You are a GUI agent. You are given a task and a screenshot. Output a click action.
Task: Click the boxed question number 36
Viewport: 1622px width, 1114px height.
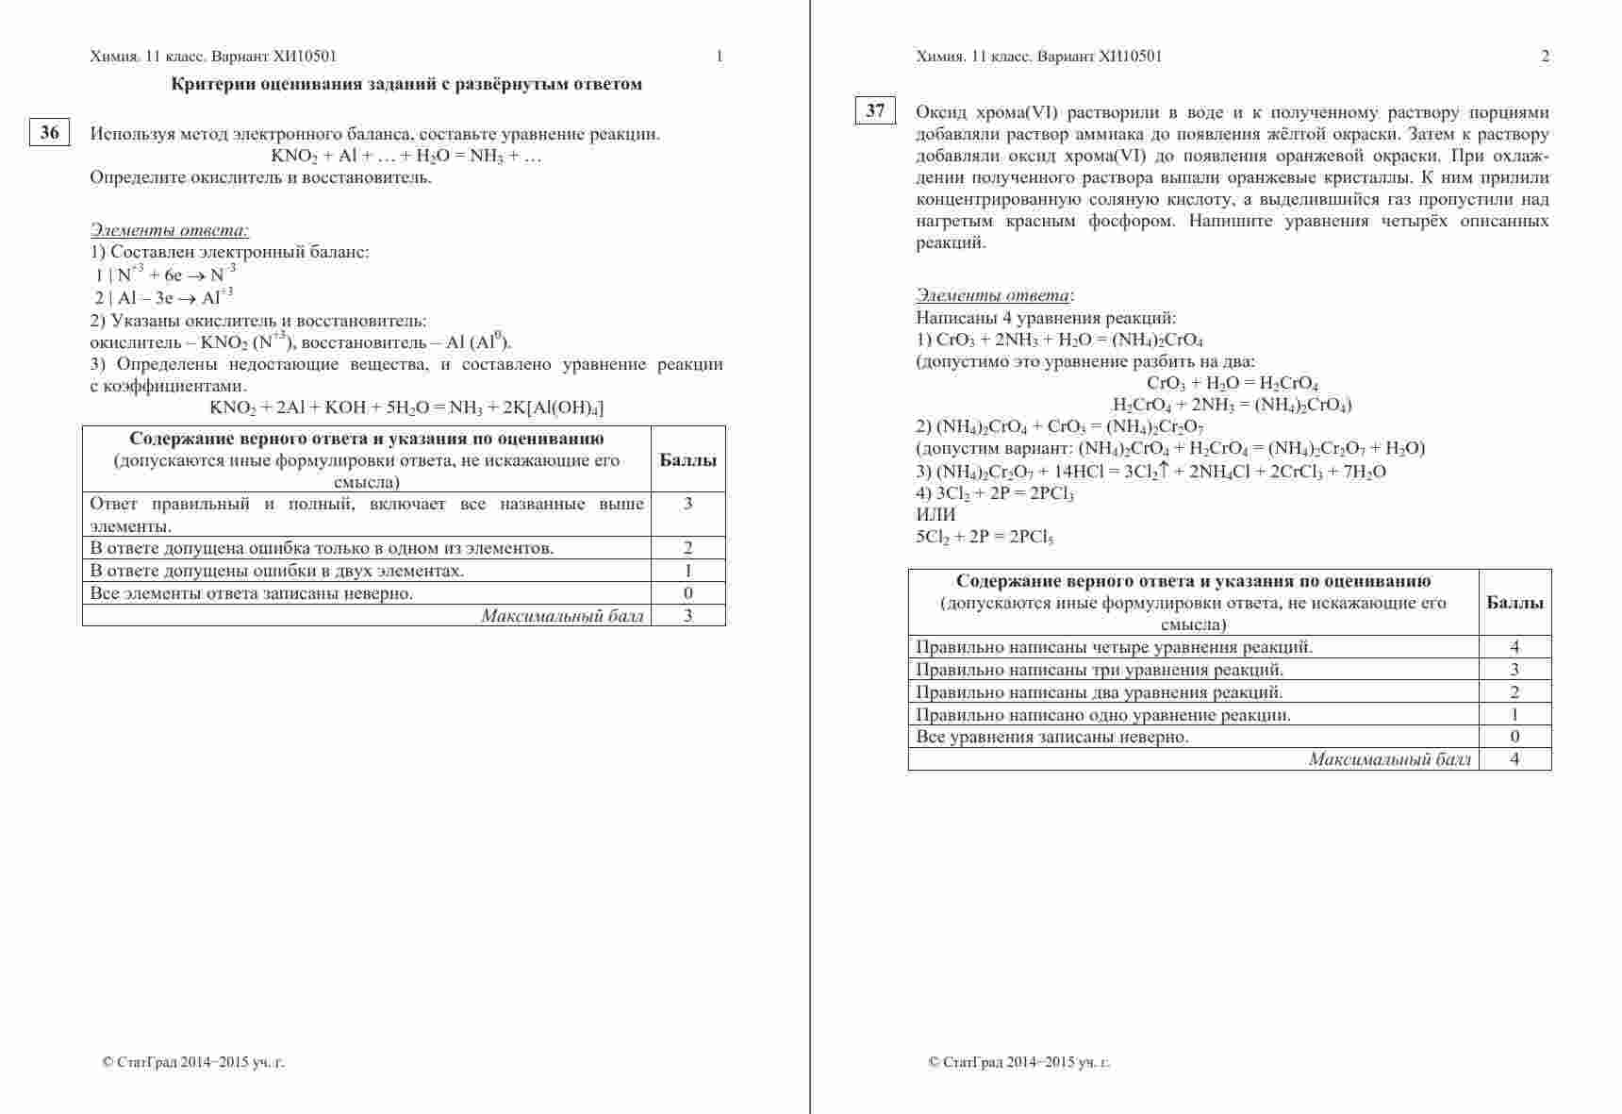50,133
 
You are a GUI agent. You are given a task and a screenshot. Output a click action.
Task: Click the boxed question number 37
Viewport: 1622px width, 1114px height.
875,110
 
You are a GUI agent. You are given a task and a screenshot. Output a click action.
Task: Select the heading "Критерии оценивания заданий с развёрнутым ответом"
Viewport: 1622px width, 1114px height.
406,84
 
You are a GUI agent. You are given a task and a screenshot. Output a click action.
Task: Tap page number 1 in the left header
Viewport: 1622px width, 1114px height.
720,56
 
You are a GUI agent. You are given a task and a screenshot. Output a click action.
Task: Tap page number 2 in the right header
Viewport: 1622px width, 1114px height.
1545,56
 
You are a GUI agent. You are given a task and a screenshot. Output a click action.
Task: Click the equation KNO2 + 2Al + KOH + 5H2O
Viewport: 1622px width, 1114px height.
406,407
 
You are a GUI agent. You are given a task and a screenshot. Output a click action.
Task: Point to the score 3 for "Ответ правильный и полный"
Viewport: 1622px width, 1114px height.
687,504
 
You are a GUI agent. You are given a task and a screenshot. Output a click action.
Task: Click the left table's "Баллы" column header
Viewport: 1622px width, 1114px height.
687,460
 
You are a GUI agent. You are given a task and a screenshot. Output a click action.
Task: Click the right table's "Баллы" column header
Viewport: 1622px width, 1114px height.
1514,603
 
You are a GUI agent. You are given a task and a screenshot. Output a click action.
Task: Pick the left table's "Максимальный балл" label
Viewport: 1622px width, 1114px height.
562,616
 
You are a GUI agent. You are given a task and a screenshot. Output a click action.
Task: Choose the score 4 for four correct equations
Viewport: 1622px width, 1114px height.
1514,647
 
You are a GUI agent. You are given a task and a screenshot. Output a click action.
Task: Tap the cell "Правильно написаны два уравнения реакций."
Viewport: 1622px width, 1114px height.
1085,692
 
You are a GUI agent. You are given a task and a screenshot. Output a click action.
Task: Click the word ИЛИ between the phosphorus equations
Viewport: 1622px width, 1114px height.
935,515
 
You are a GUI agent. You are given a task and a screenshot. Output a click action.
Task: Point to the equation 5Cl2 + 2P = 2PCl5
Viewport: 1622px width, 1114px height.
985,538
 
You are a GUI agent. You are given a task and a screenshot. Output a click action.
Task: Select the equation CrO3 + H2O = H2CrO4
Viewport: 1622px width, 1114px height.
1232,384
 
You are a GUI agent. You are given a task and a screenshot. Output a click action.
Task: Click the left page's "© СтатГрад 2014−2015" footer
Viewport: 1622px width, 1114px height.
193,1062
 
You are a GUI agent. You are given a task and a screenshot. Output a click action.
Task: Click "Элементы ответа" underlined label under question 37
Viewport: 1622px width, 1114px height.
993,295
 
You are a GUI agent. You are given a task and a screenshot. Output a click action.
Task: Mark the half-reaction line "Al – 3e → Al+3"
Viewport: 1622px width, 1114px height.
163,298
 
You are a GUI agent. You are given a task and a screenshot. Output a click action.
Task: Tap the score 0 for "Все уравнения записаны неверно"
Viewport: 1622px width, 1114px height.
1514,737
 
